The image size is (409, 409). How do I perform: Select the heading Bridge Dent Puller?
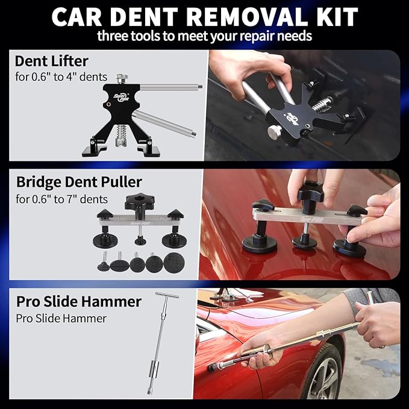(x=78, y=181)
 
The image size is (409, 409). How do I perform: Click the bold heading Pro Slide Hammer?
(x=79, y=301)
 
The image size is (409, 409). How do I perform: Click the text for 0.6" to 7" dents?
(x=61, y=198)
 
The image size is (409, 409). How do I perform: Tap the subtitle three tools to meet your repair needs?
(x=204, y=36)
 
